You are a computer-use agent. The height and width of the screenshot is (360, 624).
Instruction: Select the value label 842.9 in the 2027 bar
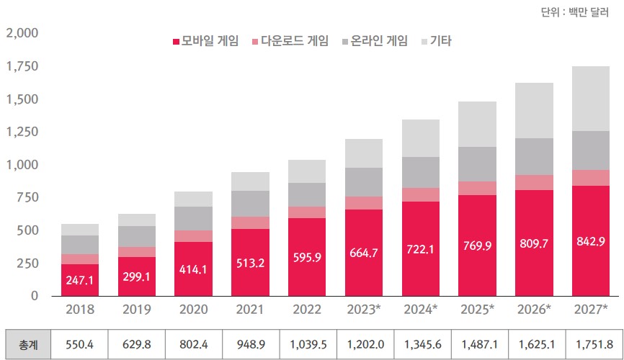591,240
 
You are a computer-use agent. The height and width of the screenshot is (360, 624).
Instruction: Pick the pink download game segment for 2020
193,236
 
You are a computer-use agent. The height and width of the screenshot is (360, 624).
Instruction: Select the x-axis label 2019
137,310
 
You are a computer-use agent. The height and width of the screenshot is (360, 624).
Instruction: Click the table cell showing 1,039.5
307,345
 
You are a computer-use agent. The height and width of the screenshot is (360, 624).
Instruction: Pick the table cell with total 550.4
80,345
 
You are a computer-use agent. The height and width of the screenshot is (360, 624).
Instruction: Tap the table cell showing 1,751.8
591,345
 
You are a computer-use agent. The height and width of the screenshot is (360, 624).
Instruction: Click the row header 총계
29,345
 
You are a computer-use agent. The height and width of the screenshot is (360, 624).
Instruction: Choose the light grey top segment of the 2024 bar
420,138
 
